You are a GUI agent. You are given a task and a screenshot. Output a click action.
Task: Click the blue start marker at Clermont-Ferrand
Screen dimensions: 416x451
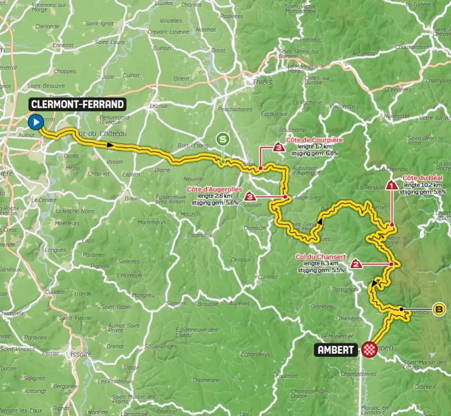(36, 123)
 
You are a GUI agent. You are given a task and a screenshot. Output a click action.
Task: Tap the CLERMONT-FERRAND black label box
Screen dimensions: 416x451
(78, 105)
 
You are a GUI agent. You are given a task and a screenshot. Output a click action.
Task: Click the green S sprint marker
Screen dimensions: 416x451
(223, 139)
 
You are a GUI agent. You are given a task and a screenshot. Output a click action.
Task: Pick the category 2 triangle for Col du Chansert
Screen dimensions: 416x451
(356, 264)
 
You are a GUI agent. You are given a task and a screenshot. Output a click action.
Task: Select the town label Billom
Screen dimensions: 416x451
(132, 198)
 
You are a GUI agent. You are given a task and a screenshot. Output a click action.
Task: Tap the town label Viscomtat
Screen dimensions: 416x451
(342, 106)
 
